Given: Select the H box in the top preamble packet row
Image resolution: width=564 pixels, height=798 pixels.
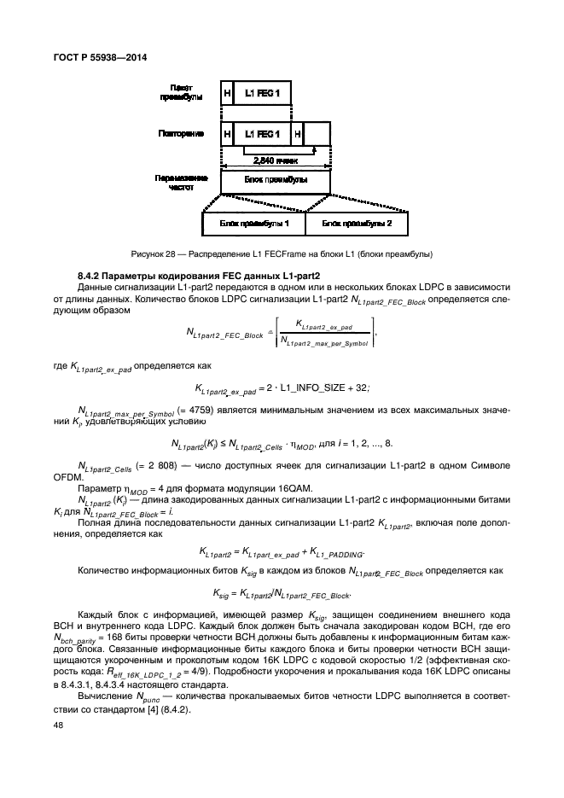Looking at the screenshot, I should click(227, 93).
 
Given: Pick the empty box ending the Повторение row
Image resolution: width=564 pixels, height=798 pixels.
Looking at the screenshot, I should click(317, 134).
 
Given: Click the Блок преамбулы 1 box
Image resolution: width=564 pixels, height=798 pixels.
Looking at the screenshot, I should click(253, 224).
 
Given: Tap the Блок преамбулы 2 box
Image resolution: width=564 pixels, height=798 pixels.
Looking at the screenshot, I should click(356, 224).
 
